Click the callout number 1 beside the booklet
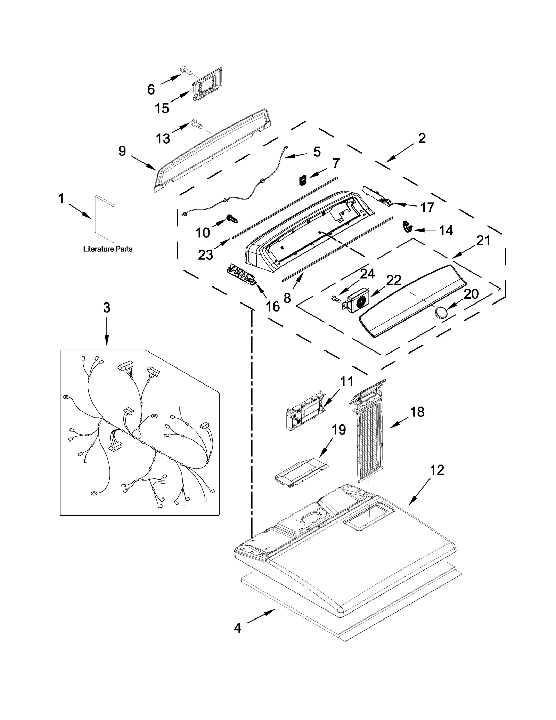61,199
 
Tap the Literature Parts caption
108,249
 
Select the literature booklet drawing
105,219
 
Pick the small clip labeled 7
303,180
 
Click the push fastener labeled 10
232,219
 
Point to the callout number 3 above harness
107,307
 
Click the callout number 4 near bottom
237,628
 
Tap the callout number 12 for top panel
437,470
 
